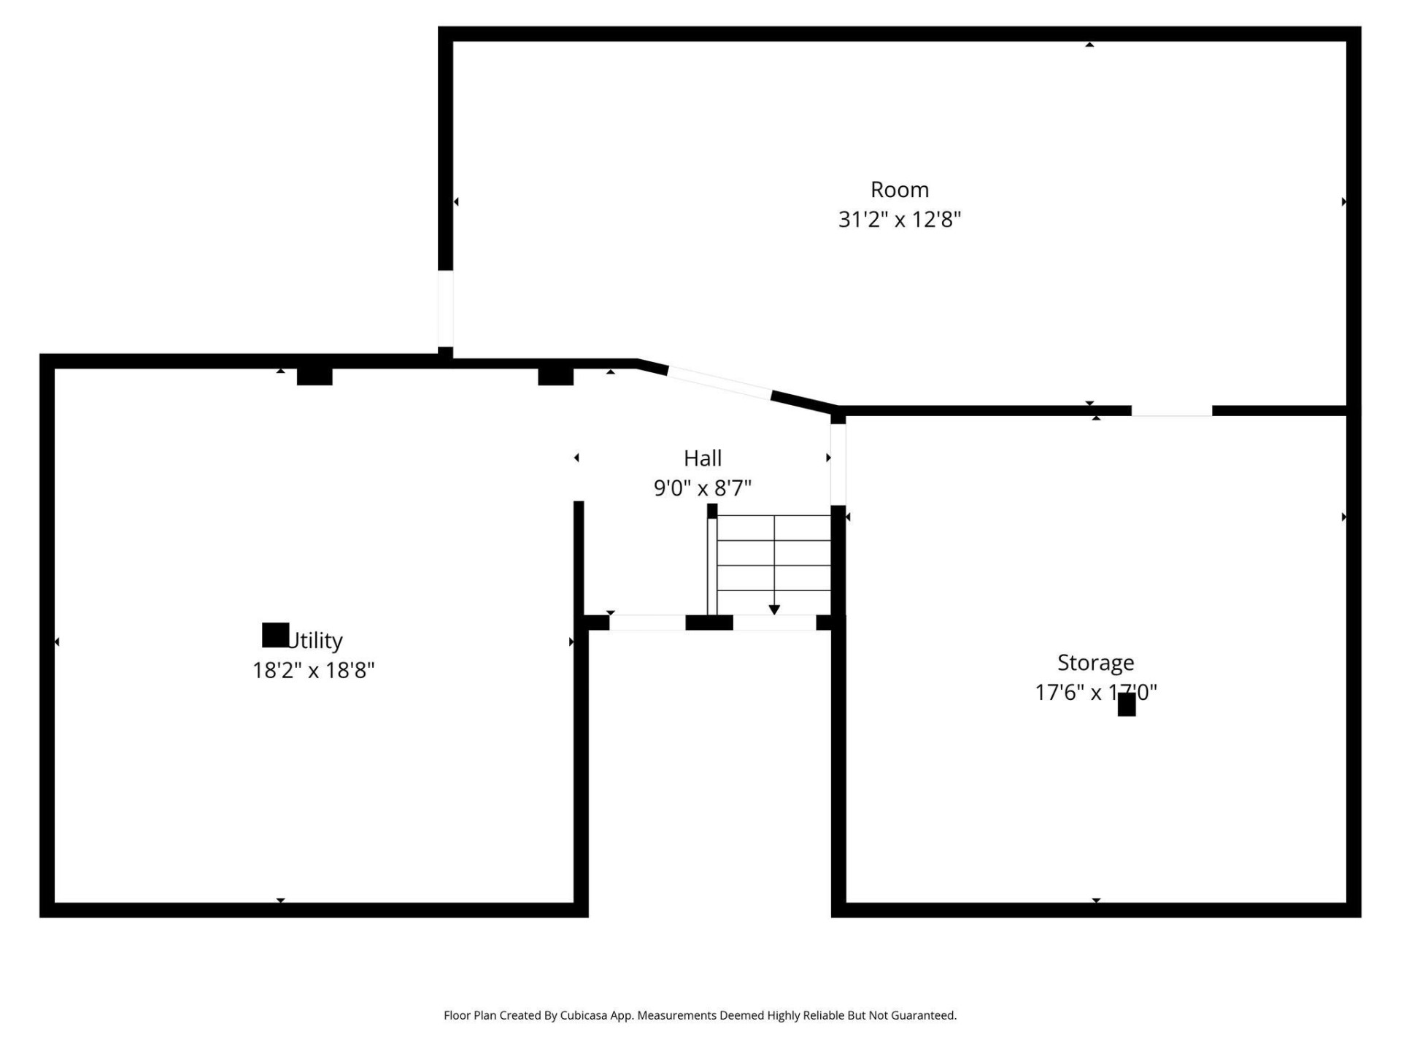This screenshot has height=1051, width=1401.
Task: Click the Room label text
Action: [899, 190]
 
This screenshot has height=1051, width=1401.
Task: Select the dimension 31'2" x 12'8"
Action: [899, 220]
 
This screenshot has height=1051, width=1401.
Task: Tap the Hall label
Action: [702, 458]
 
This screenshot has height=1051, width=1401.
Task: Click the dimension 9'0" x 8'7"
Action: [702, 488]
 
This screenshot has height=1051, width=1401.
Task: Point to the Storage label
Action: [1095, 663]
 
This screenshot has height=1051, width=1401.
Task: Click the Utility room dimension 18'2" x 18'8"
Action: [313, 670]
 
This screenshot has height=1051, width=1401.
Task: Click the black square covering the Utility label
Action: [275, 635]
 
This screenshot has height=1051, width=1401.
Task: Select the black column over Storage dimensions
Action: [1126, 704]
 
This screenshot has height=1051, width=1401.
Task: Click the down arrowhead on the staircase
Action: [774, 609]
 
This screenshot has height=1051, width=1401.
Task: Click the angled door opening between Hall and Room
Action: [719, 383]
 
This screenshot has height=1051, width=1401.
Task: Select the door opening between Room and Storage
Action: [1171, 411]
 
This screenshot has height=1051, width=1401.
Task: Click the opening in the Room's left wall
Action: [445, 308]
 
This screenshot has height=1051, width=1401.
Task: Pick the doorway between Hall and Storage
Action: [838, 464]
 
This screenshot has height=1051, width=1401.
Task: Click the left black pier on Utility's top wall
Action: [314, 377]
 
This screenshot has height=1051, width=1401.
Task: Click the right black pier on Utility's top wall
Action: [555, 377]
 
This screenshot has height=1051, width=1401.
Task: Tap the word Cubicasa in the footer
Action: [583, 1015]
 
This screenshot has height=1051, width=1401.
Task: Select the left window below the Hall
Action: [647, 623]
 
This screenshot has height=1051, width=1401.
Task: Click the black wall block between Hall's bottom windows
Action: [709, 623]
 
